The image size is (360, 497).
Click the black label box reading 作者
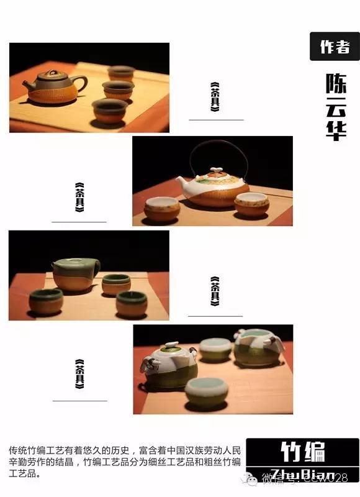point(334,47)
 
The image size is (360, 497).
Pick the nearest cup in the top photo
point(110,110)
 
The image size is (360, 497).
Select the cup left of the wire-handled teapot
point(162,208)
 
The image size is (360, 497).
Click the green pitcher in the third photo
point(76,274)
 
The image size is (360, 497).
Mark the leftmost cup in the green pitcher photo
point(46,301)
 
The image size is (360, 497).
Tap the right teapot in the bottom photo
point(255,347)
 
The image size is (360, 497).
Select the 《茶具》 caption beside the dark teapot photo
point(215,97)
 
